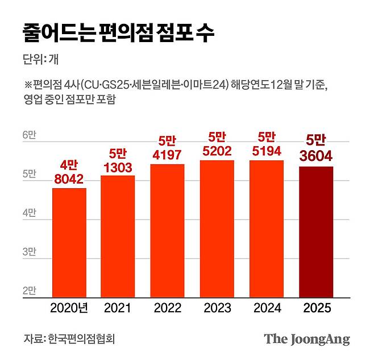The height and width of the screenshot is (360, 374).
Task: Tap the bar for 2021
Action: [118, 237]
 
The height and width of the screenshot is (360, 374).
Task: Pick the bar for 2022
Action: [167, 231]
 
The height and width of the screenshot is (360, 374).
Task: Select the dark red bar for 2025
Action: [316, 232]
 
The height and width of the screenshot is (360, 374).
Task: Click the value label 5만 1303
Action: [118, 161]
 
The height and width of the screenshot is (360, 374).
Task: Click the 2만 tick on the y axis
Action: [30, 291]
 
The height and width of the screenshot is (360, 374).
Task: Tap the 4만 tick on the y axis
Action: [30, 213]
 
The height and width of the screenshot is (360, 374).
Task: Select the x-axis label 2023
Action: [217, 308]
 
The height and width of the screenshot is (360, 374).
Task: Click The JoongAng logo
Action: [306, 340]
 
